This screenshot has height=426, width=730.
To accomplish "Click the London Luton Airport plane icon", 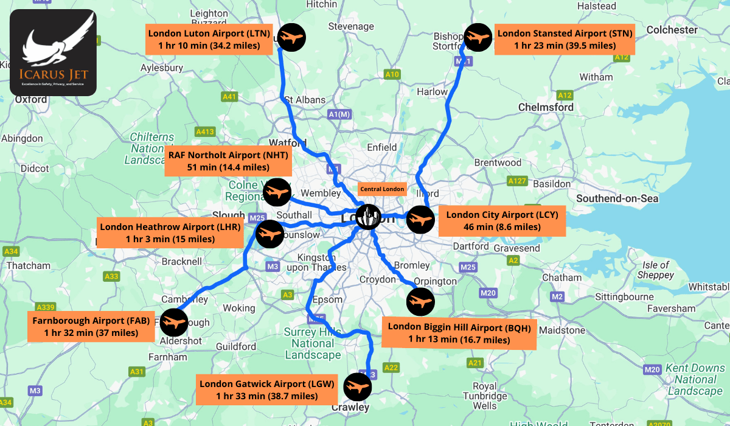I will (291, 38).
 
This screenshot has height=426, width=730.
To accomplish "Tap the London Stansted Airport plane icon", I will (478, 38).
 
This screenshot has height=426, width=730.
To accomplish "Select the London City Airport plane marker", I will (421, 220).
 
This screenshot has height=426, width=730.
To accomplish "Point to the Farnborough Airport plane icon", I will (174, 322).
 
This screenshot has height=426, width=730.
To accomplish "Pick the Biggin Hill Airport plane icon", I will (420, 301).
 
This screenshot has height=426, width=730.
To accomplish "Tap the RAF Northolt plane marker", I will (277, 193).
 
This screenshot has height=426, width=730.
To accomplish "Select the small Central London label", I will (382, 189).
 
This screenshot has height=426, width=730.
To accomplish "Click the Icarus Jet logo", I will (53, 52).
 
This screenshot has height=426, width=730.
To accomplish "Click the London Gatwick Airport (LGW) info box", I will (267, 390).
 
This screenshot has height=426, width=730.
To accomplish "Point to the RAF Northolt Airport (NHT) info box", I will (228, 161).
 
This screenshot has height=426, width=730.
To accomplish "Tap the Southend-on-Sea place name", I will (617, 198).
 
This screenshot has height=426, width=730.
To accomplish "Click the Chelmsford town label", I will (546, 107).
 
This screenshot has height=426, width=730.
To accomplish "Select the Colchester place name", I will (672, 30).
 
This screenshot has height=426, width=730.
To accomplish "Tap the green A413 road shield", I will (205, 131).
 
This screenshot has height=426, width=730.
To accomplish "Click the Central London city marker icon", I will (368, 216).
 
